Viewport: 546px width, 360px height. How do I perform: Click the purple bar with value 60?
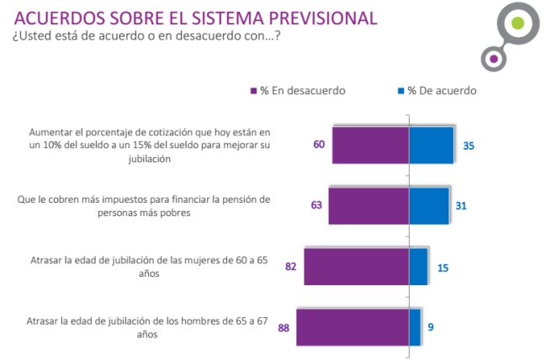(x=370, y=145)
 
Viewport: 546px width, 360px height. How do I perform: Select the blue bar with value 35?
(x=431, y=145)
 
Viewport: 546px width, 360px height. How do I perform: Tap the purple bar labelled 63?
(x=368, y=205)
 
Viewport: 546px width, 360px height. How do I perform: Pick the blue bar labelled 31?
(x=428, y=205)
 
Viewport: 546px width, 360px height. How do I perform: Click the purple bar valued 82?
(x=357, y=267)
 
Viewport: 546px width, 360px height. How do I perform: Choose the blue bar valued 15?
(x=418, y=267)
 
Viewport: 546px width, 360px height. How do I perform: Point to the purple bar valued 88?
(x=353, y=327)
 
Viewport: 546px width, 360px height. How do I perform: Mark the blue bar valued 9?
(x=415, y=327)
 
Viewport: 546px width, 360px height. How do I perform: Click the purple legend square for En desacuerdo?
(x=252, y=90)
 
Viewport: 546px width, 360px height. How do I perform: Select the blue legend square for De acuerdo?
(x=399, y=90)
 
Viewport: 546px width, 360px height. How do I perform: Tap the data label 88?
(x=284, y=327)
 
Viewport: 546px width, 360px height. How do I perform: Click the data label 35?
(x=469, y=145)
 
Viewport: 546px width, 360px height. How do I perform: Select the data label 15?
(x=443, y=267)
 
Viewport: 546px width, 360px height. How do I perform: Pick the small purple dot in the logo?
(x=493, y=59)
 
